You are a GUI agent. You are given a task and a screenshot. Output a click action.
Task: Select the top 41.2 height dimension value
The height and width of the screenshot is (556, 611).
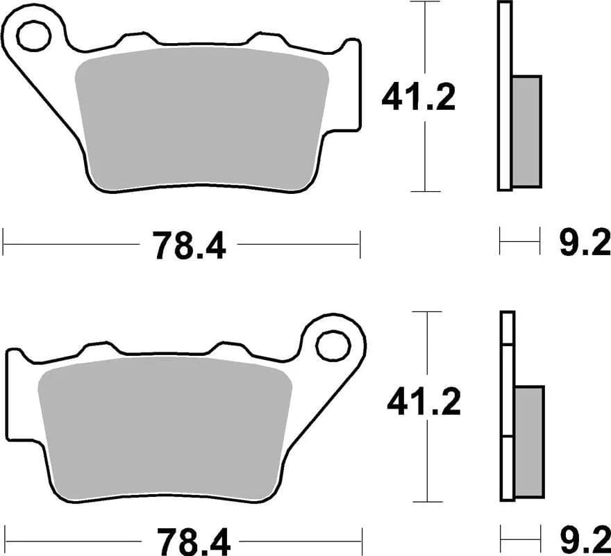click(418, 98)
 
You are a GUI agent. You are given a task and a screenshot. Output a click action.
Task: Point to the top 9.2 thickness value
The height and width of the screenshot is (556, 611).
click(584, 244)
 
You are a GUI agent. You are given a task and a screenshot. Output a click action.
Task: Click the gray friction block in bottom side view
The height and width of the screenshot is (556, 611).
click(530, 441)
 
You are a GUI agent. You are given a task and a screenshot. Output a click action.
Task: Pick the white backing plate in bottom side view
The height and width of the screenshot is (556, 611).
click(508, 407)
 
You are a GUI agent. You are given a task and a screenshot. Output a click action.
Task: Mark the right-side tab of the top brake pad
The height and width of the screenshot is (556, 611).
click(353, 87)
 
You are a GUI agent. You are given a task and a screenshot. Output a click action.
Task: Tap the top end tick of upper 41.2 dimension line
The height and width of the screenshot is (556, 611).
click(424, 2)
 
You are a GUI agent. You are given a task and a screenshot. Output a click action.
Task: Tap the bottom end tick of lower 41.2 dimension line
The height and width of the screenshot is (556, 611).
click(427, 501)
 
